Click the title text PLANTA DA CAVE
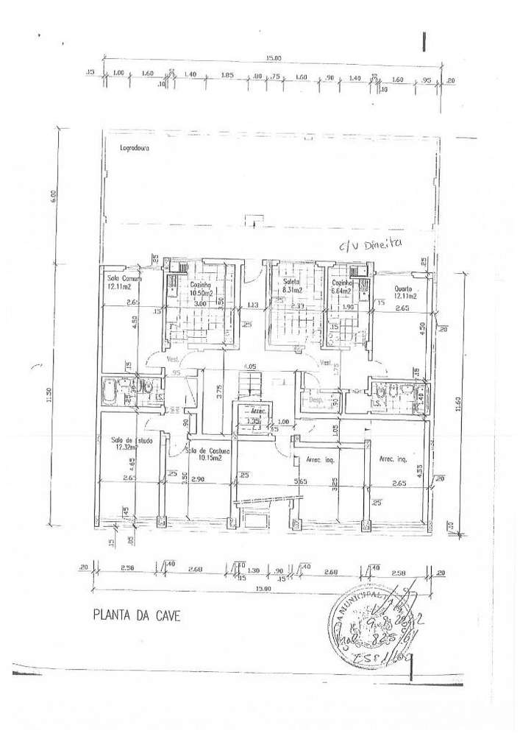pyautogui.click(x=135, y=615)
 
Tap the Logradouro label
pyautogui.click(x=135, y=147)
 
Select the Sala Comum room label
pyautogui.click(x=124, y=279)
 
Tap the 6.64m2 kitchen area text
pyautogui.click(x=343, y=291)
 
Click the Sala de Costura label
pyautogui.click(x=208, y=451)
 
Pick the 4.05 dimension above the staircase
pyautogui.click(x=250, y=366)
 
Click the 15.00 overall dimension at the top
pyautogui.click(x=273, y=58)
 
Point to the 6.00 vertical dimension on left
pyautogui.click(x=52, y=197)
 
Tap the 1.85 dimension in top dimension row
pyautogui.click(x=227, y=75)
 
